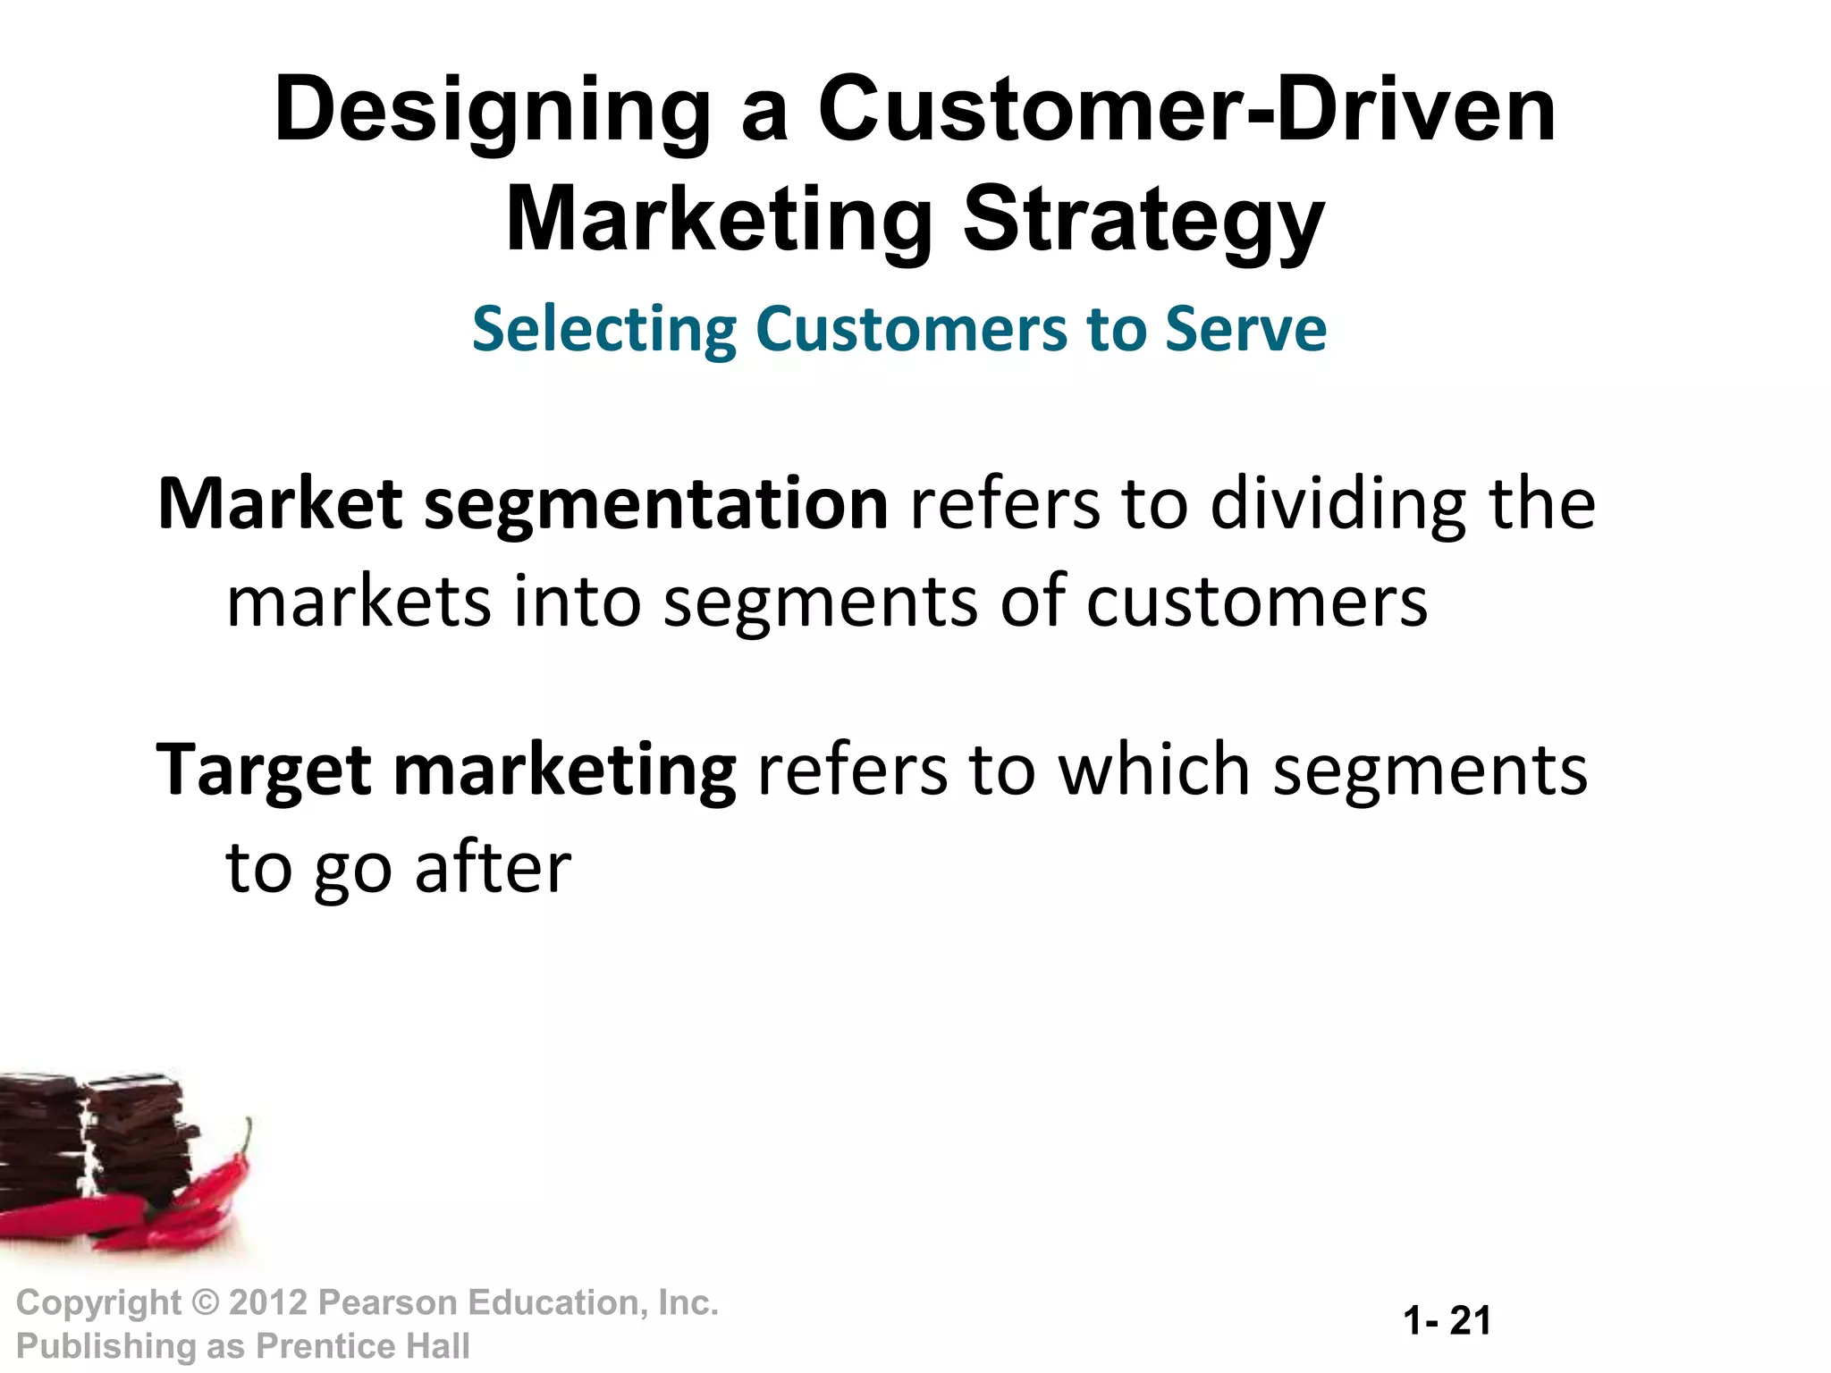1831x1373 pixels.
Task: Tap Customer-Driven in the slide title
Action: click(x=1187, y=111)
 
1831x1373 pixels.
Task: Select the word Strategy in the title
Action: click(x=1143, y=221)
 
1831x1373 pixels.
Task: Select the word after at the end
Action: click(x=494, y=867)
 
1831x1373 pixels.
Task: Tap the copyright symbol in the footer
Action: click(x=206, y=1302)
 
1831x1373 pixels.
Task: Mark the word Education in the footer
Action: click(x=554, y=1302)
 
